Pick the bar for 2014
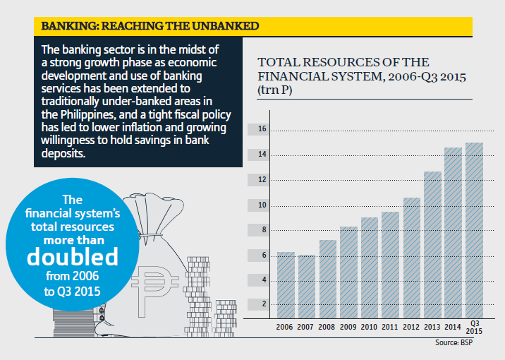click(453, 232)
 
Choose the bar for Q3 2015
click(474, 230)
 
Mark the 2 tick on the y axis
click(263, 304)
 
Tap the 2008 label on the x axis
click(327, 328)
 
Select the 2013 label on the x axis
click(432, 328)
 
